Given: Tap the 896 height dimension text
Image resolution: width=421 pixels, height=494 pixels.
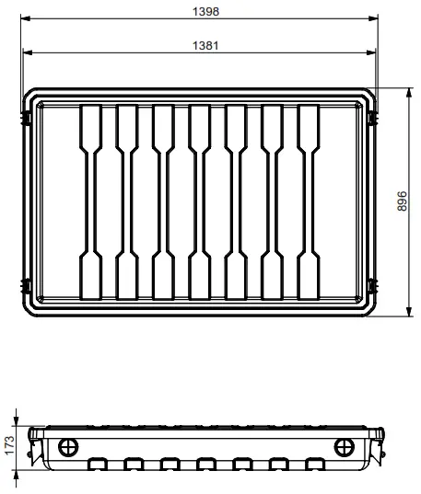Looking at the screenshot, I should pos(402,202).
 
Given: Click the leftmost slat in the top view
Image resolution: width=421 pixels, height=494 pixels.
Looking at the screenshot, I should pos(92,201).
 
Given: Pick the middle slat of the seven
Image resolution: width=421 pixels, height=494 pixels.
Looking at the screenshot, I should pos(200,201).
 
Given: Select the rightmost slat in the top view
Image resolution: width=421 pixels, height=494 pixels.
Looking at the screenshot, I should pos(308,201).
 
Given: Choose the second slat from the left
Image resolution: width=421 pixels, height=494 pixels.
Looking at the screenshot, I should pos(128,201).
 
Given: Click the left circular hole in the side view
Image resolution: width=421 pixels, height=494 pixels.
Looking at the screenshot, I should pos(68,447).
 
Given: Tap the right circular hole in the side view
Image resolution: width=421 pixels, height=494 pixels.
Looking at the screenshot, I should pos(345,447).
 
